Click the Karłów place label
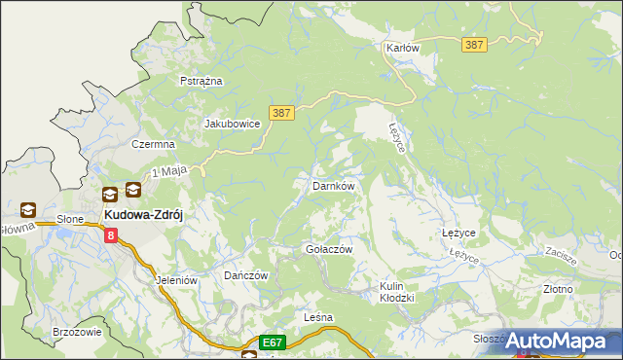tap(402, 47)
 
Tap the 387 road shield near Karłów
tap(474, 45)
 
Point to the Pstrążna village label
tap(202, 81)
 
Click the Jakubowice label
tap(232, 124)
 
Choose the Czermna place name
tap(153, 143)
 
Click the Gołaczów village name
tap(329, 249)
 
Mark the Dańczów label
tap(245, 275)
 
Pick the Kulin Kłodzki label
tap(397, 292)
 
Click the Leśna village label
tap(318, 318)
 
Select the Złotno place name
tap(558, 289)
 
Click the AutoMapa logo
tap(559, 341)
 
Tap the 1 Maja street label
tap(168, 171)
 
